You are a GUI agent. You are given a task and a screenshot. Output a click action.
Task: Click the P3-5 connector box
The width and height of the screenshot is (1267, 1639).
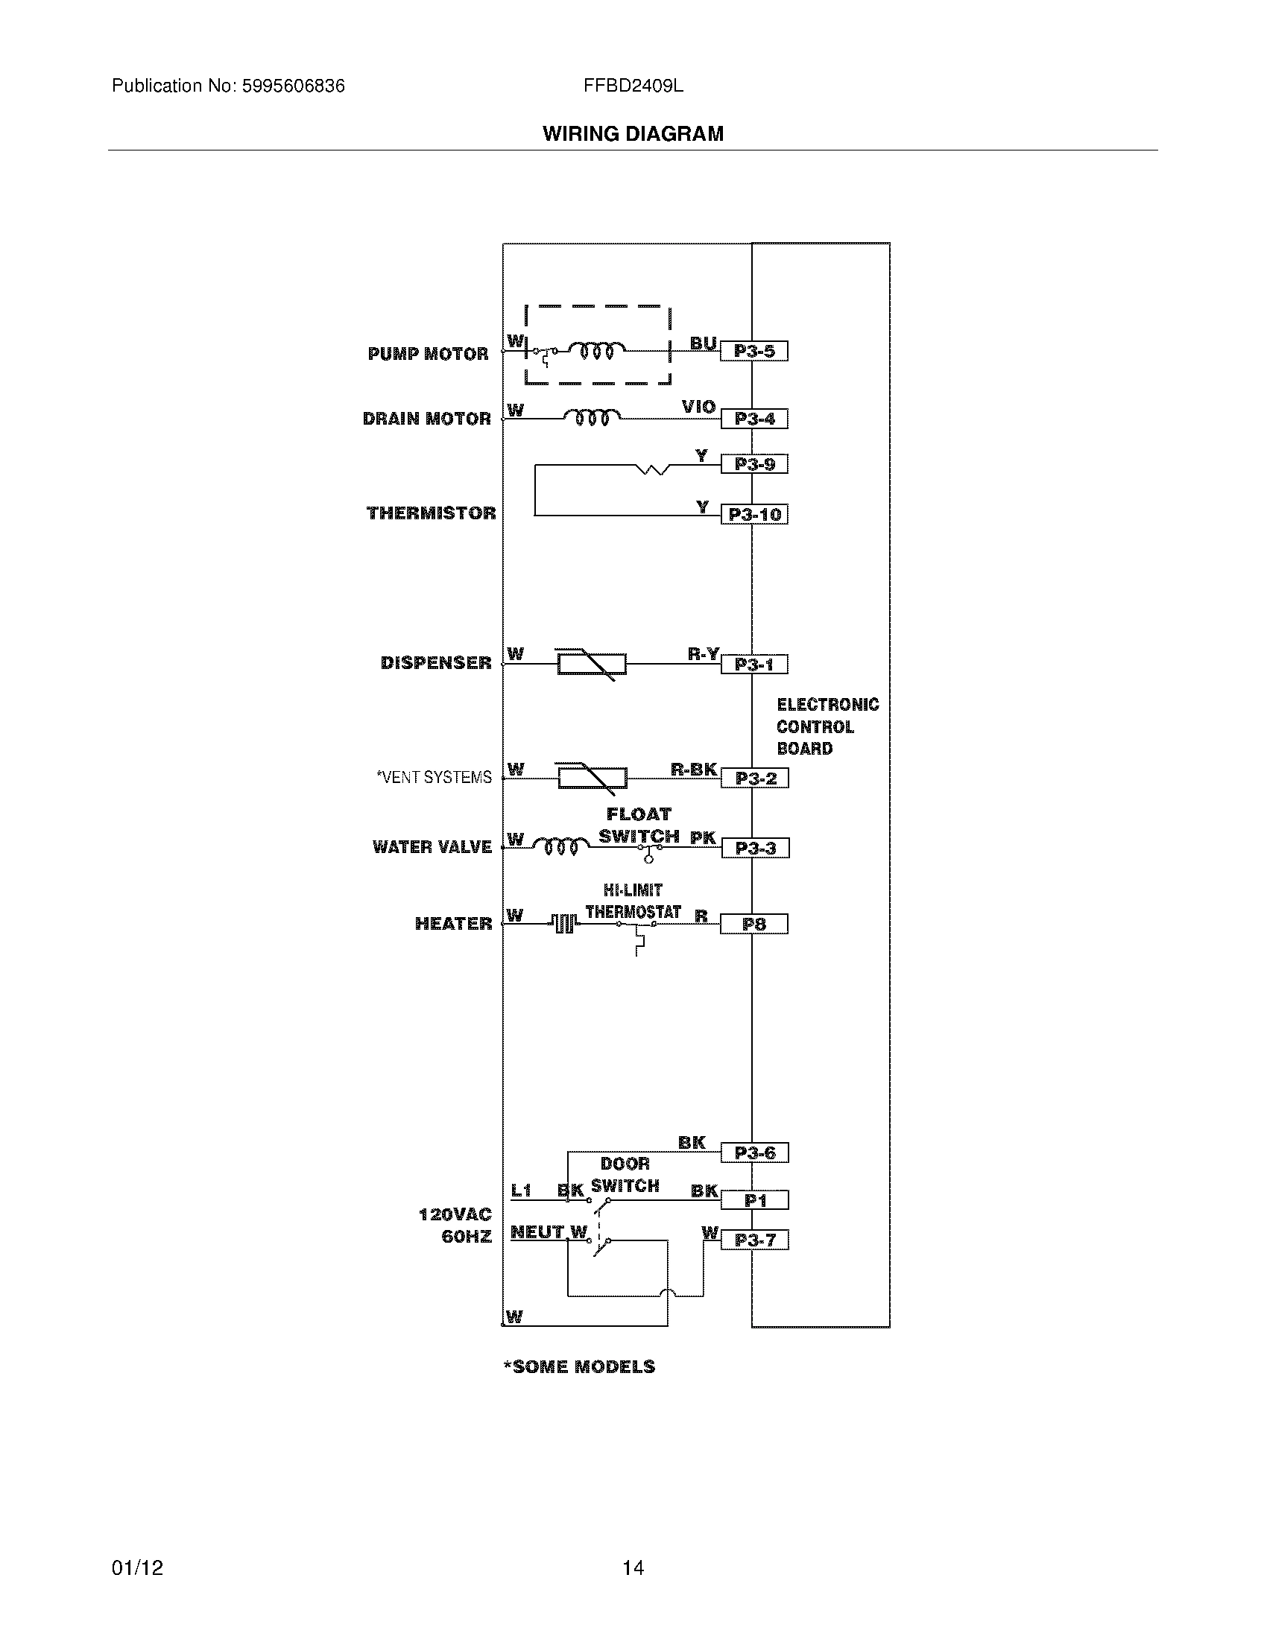tap(753, 351)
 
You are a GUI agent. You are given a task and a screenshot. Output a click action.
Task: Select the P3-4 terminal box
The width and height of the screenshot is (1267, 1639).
tap(754, 419)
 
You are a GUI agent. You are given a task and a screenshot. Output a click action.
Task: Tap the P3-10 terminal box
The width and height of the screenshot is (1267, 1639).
tap(754, 515)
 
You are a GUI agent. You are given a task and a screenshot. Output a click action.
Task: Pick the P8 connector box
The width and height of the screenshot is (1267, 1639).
tap(753, 924)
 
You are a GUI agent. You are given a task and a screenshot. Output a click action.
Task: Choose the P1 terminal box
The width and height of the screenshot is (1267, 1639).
tap(754, 1201)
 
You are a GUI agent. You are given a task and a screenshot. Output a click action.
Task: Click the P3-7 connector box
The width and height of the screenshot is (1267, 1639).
tap(754, 1240)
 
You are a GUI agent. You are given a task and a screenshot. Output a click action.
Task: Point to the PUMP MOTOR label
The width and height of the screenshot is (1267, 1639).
tap(428, 353)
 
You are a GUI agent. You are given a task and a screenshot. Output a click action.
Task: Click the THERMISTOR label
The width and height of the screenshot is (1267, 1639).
tap(431, 513)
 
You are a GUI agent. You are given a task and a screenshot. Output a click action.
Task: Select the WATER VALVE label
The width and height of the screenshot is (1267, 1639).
tap(432, 846)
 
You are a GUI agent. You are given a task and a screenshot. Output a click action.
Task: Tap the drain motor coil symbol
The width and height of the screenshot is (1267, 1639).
tap(593, 416)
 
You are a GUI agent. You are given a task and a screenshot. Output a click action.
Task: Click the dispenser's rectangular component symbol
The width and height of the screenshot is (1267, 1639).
tap(592, 664)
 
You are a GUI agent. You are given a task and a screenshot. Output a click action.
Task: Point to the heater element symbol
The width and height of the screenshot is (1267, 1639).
tap(564, 923)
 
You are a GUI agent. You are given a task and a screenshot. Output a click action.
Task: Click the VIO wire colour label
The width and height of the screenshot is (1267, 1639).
tap(698, 407)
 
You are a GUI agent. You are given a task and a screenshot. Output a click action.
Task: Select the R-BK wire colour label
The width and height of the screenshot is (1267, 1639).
tap(694, 770)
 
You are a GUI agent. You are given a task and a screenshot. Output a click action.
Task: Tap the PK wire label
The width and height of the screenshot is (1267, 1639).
tap(703, 837)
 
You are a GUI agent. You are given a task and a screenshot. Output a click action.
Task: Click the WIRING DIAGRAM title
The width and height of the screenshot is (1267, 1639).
tap(633, 133)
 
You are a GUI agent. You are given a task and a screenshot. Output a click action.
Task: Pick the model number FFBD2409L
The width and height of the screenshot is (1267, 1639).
tap(633, 86)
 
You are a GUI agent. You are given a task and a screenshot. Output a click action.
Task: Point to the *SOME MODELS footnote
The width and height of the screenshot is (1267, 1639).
tap(579, 1366)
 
